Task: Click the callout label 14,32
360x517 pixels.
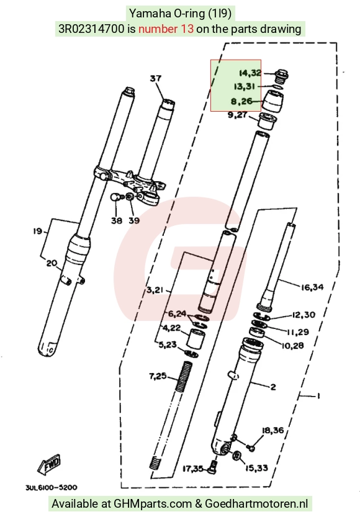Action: click(x=250, y=73)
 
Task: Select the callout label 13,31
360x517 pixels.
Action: click(x=245, y=86)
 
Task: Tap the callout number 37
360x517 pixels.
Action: click(x=156, y=78)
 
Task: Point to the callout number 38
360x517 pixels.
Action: click(x=117, y=220)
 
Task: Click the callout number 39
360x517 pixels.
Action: click(x=134, y=220)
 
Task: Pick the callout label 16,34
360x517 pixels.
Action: click(x=312, y=287)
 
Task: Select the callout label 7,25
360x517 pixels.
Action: click(x=158, y=376)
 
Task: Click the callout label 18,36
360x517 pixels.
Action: click(x=273, y=430)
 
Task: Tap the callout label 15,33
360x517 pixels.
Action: click(x=257, y=467)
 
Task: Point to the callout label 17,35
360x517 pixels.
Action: click(x=193, y=468)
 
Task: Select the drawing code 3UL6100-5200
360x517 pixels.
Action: click(x=52, y=487)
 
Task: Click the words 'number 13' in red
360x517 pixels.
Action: click(x=166, y=29)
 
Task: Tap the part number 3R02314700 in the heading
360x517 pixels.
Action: click(x=92, y=29)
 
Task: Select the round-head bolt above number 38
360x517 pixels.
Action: click(x=115, y=197)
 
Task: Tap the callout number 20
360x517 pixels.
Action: click(x=52, y=263)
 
